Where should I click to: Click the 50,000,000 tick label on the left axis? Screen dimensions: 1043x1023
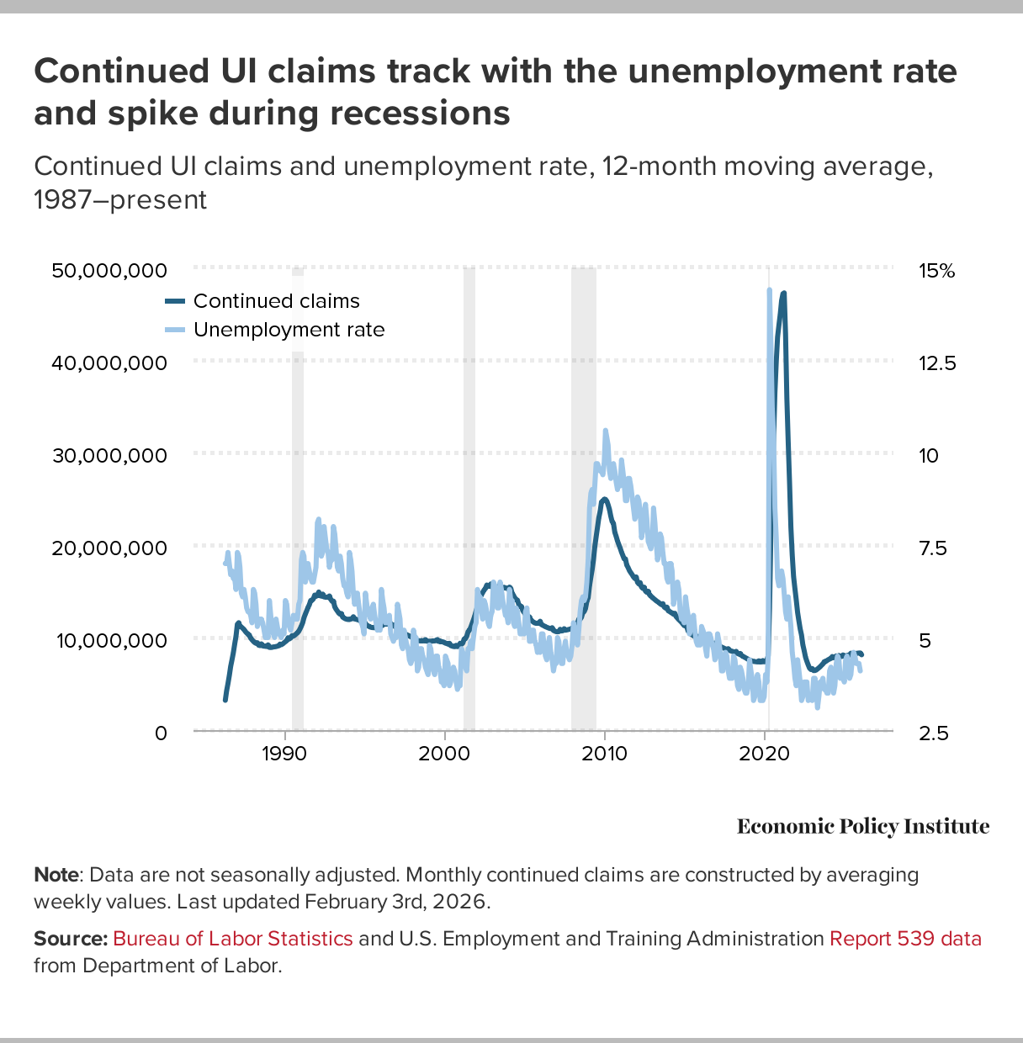[x=109, y=271]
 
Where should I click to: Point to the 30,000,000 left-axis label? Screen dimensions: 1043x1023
[x=109, y=455]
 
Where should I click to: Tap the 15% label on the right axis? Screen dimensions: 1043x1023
[x=936, y=271]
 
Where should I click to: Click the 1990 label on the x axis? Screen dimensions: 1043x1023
[x=284, y=753]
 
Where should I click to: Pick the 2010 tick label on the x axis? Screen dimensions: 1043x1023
[x=604, y=753]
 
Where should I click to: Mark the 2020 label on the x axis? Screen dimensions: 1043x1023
[x=764, y=753]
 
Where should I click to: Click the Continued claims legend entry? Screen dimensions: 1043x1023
[x=276, y=301]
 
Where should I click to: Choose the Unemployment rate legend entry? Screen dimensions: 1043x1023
[x=289, y=330]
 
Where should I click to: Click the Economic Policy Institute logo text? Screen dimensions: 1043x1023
[x=863, y=827]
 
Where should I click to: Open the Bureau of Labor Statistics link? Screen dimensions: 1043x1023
[x=233, y=939]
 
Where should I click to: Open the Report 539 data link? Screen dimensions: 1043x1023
[x=905, y=939]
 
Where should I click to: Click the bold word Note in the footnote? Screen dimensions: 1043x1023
[x=56, y=875]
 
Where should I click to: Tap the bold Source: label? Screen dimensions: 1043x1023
[x=71, y=939]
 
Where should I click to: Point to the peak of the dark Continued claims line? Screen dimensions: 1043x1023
[x=783, y=294]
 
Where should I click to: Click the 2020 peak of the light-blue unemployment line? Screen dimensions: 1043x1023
[x=769, y=290]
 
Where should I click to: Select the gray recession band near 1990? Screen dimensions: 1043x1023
[x=298, y=505]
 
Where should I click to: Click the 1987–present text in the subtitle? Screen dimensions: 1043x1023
[x=120, y=200]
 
